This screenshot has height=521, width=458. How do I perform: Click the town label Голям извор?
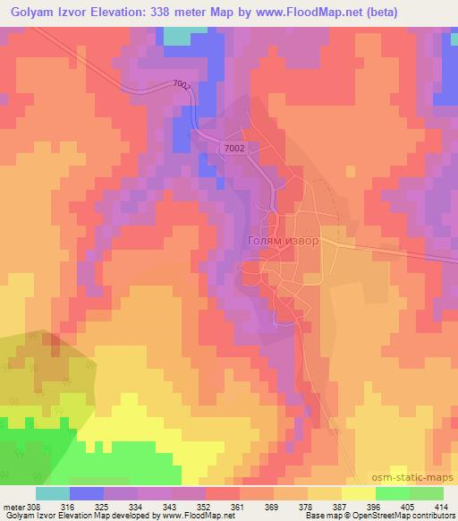[x=282, y=241]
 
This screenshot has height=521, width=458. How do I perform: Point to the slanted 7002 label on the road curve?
[x=182, y=87]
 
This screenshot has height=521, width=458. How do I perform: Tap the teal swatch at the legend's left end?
[x=53, y=493]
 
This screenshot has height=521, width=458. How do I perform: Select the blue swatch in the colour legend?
[x=88, y=493]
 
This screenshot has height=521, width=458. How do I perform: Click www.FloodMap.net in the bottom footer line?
[x=190, y=516]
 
